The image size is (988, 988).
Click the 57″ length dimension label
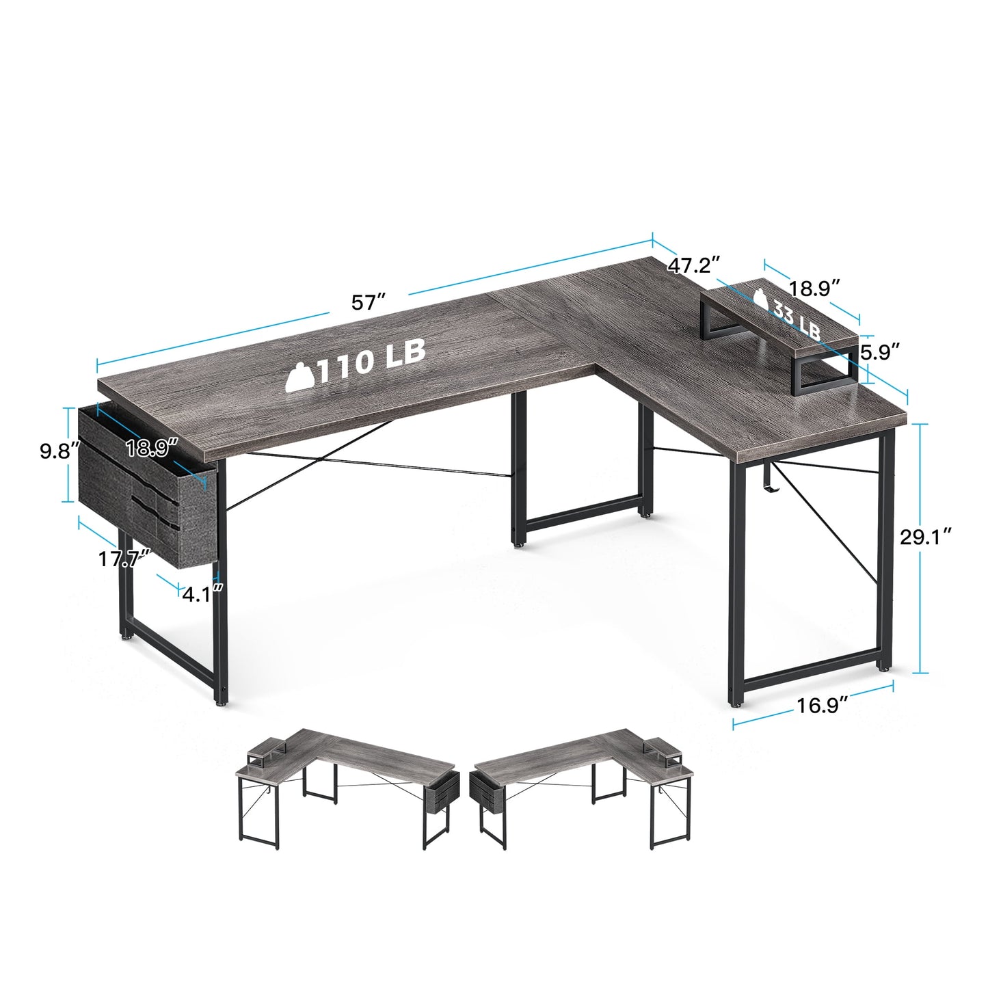[x=368, y=302]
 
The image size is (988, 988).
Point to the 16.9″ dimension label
[x=823, y=706]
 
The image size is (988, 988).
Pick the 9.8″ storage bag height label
[x=59, y=451]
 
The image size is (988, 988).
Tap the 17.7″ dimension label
[x=124, y=559]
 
